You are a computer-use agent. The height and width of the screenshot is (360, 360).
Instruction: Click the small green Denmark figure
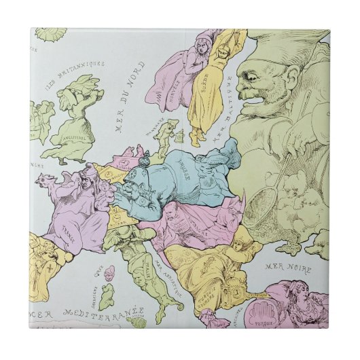163,134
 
